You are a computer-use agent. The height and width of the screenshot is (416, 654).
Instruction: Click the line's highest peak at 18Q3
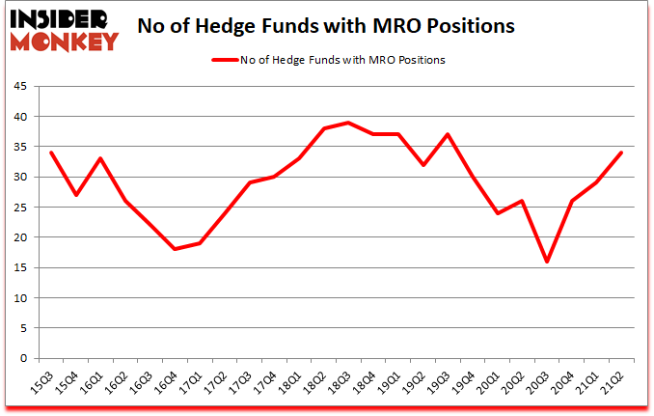point(349,123)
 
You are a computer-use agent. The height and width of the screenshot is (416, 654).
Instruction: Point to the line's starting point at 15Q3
point(51,153)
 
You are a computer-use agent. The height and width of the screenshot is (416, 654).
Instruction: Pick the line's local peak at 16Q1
point(100,158)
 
